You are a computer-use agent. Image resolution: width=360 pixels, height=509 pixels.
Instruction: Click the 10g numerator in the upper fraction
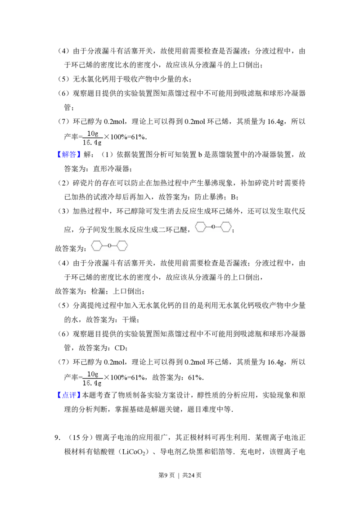click(93, 133)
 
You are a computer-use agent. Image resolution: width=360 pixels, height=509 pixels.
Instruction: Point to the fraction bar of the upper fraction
click(92, 138)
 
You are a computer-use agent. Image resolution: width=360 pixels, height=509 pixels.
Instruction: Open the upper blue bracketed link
click(69, 154)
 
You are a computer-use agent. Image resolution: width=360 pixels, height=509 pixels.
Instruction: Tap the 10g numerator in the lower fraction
click(93, 374)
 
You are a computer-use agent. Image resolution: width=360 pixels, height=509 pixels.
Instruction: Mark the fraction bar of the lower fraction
click(92, 379)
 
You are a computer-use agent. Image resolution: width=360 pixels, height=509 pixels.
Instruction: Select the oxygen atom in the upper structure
click(213, 227)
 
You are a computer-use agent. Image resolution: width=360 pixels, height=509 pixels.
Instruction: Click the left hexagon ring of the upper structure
click(200, 227)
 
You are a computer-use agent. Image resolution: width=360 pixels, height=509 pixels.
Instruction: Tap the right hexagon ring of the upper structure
click(226, 227)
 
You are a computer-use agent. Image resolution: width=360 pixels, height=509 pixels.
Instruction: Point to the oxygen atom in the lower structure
click(109, 245)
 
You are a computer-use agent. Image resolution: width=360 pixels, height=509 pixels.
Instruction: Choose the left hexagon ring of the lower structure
click(97, 245)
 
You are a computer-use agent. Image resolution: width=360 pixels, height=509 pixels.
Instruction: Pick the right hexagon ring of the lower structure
click(122, 245)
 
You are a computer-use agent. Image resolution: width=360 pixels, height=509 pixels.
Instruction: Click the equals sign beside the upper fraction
click(81, 134)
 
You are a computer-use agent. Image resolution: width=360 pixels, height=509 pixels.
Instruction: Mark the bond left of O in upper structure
click(208, 227)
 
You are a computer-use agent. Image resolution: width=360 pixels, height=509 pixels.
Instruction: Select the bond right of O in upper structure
click(218, 227)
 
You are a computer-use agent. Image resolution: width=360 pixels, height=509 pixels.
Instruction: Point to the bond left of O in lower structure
click(104, 245)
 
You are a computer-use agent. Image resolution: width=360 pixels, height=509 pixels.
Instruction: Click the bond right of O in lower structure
click(114, 245)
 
